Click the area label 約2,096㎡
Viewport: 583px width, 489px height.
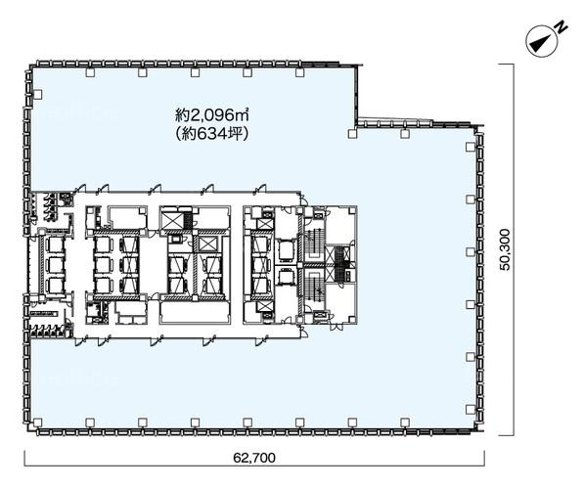212,115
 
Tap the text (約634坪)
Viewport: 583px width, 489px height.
212,134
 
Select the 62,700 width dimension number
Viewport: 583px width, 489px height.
254,458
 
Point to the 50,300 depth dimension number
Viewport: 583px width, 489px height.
505,249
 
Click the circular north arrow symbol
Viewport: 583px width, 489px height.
541,41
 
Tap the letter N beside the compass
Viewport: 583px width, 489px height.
561,27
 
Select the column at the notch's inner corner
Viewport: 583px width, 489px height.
352,134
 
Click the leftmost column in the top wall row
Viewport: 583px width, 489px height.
90,72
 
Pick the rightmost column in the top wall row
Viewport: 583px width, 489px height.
300,72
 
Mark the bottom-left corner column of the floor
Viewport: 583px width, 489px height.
37,422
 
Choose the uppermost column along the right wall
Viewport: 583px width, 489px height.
471,147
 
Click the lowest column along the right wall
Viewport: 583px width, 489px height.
471,410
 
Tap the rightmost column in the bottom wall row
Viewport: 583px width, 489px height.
405,422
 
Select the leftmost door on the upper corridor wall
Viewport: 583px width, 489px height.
80,188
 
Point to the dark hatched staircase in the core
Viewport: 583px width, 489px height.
339,263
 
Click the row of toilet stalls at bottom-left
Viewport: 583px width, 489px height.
47,331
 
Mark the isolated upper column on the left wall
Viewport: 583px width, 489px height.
37,94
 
